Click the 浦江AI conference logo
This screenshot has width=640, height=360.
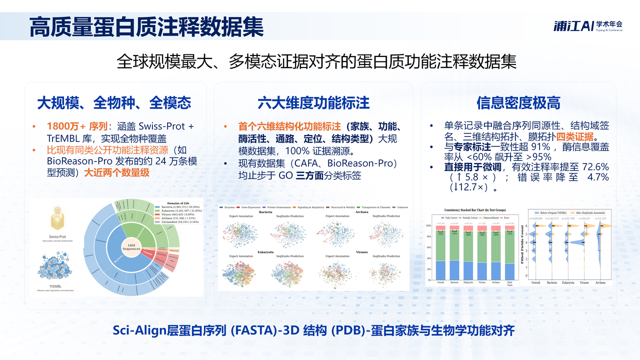coord(587,25)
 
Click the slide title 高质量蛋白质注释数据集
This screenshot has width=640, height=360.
coord(146,26)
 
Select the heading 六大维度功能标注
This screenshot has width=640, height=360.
coord(313,103)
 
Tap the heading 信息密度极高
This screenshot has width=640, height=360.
coord(518,103)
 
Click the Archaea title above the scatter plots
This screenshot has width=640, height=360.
coord(363,211)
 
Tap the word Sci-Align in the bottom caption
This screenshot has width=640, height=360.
coord(131,330)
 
